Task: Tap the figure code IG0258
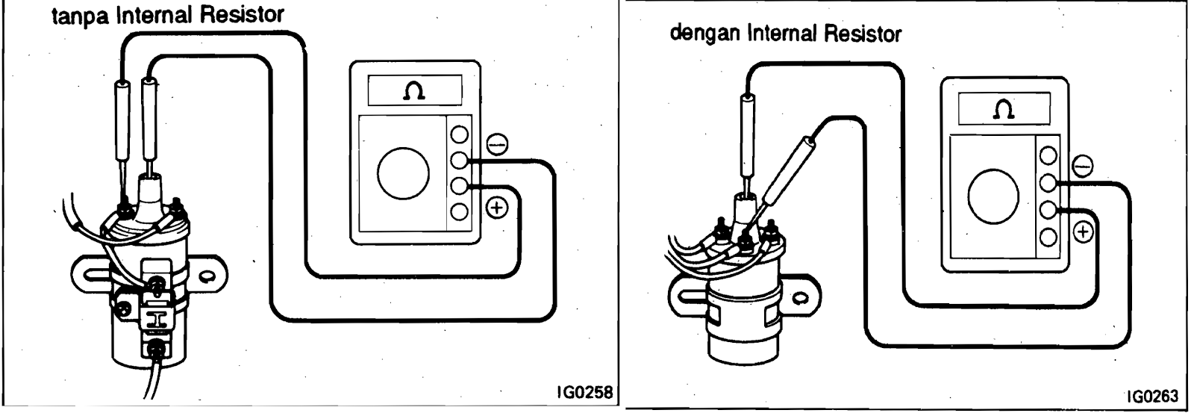tap(587, 392)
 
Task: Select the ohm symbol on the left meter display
tap(411, 91)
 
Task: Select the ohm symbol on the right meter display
tap(1004, 111)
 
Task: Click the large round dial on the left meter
tap(404, 174)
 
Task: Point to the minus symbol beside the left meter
tap(496, 143)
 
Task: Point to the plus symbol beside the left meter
tap(496, 207)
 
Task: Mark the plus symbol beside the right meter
tap(1083, 233)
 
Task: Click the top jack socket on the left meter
tap(460, 135)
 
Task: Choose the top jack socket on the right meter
tap(1049, 155)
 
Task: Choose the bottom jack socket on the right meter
tap(1049, 238)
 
